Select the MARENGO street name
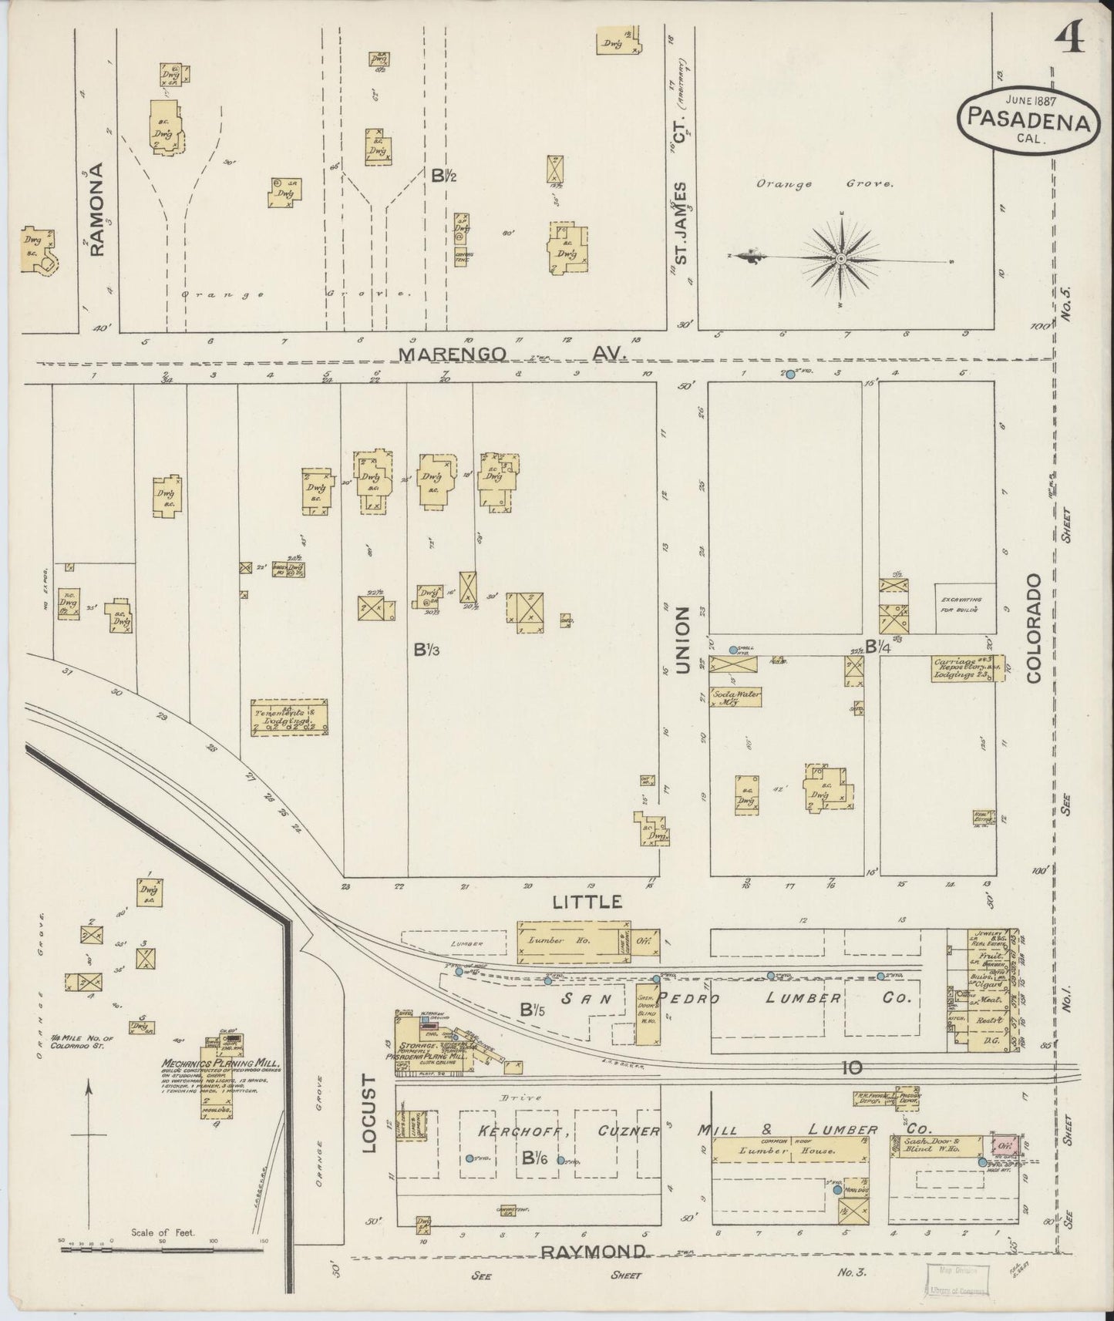[x=453, y=353]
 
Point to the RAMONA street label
[x=96, y=209]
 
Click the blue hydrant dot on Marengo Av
[x=790, y=374]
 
